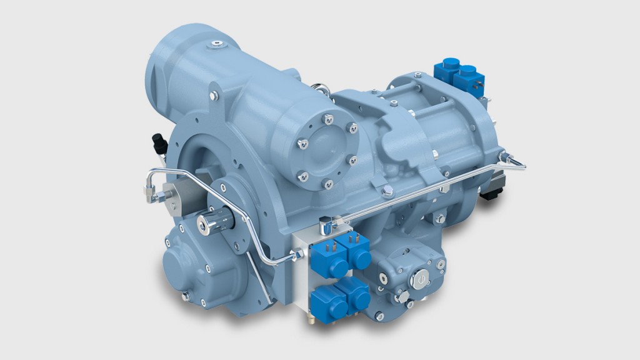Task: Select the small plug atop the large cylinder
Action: pos(216,44)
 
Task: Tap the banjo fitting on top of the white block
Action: pos(326,222)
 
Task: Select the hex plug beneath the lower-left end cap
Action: pos(186,297)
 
